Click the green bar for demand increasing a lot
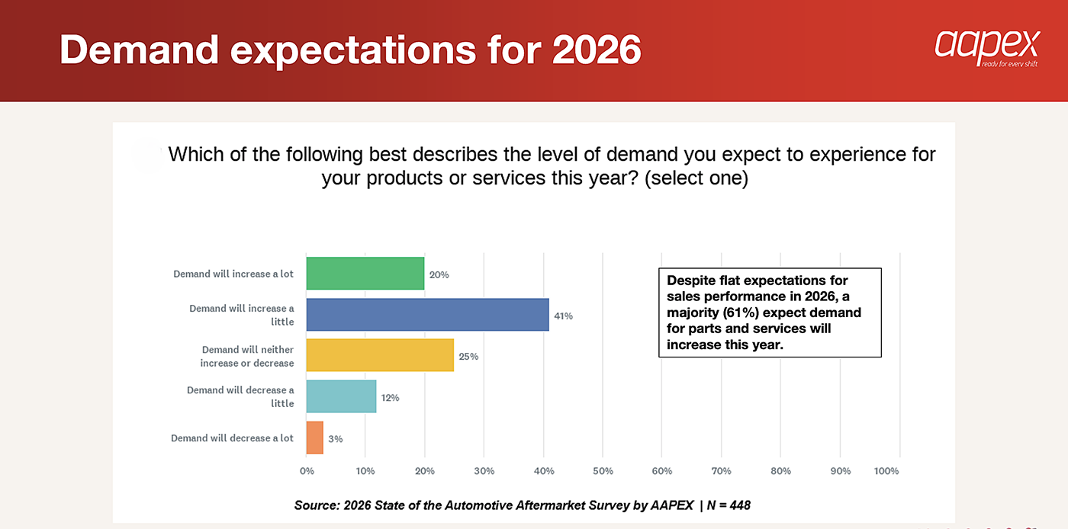click(x=365, y=274)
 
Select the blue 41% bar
click(x=428, y=315)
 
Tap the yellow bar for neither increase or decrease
click(x=380, y=355)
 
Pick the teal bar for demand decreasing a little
click(x=341, y=396)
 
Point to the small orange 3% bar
click(x=314, y=438)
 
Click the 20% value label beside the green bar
click(x=439, y=274)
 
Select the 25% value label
click(x=468, y=357)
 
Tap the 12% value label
click(x=390, y=397)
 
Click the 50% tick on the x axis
click(x=603, y=471)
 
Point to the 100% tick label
click(x=886, y=471)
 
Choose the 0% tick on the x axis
click(x=307, y=471)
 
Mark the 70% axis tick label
click(x=722, y=471)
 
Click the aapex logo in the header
click(x=987, y=49)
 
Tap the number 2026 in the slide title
click(x=597, y=50)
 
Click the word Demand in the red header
click(x=139, y=50)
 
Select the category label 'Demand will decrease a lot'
click(x=232, y=438)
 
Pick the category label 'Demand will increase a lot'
click(x=233, y=274)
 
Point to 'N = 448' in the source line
click(x=729, y=505)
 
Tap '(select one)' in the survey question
click(x=696, y=178)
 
